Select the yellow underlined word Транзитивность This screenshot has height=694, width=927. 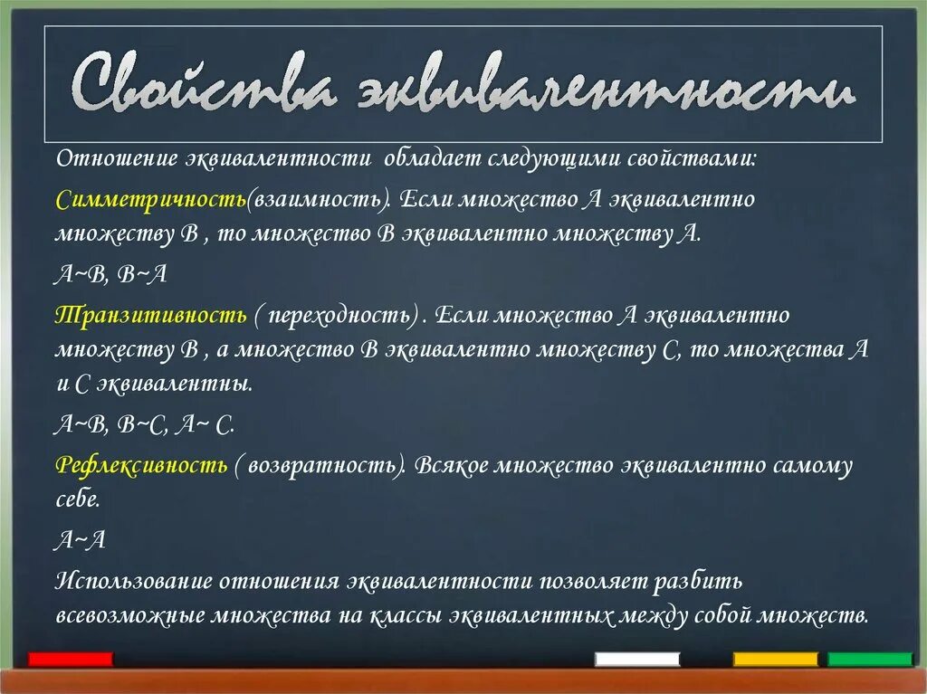(x=150, y=315)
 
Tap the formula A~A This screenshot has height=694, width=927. (x=81, y=540)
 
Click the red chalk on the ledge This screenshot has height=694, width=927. (x=71, y=659)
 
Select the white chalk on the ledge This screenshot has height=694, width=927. (x=637, y=659)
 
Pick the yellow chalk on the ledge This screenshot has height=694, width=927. (x=775, y=659)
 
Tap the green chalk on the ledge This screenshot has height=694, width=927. (x=870, y=659)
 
